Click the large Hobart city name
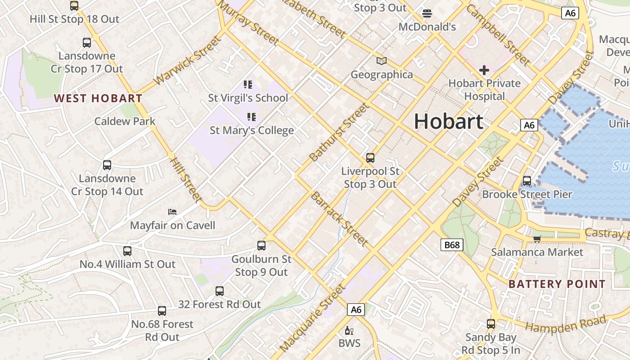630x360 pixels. click(x=449, y=121)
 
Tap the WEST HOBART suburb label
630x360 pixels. click(x=98, y=98)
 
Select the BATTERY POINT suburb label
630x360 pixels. click(x=557, y=284)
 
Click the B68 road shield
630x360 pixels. click(x=452, y=245)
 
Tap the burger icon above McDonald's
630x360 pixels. click(x=427, y=13)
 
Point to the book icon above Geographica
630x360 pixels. click(x=382, y=61)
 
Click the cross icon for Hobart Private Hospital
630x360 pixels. click(x=484, y=70)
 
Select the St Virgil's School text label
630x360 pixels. click(x=248, y=98)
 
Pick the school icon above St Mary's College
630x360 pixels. click(x=252, y=117)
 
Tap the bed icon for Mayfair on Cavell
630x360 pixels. click(x=172, y=211)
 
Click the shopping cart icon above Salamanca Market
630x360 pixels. click(x=537, y=239)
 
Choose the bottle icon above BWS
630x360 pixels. click(x=349, y=331)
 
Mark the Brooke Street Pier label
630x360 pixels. click(x=527, y=194)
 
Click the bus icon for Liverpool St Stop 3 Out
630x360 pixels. click(x=370, y=158)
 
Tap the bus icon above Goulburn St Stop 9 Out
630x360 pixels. click(x=261, y=246)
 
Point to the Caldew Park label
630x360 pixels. click(x=125, y=121)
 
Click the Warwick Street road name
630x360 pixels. click(x=188, y=61)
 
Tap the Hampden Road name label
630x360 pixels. click(x=566, y=324)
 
